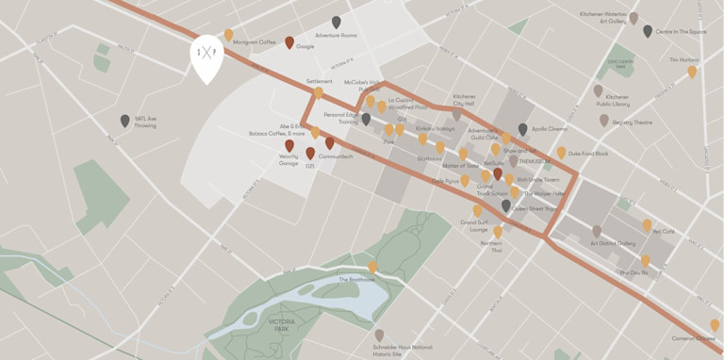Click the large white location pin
click(x=206, y=57)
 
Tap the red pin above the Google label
click(x=289, y=42)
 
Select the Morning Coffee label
click(x=255, y=41)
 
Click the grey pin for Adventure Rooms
click(x=337, y=22)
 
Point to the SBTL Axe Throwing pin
click(x=125, y=121)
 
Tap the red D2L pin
click(x=310, y=153)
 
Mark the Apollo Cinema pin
click(x=523, y=129)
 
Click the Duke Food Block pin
click(x=561, y=152)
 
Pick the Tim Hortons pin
click(x=692, y=71)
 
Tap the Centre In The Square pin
click(x=648, y=31)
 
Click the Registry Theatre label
click(x=632, y=122)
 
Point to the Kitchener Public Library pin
click(x=598, y=90)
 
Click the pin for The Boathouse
click(x=372, y=268)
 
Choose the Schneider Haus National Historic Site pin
click(x=379, y=335)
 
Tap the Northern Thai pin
click(x=497, y=231)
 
